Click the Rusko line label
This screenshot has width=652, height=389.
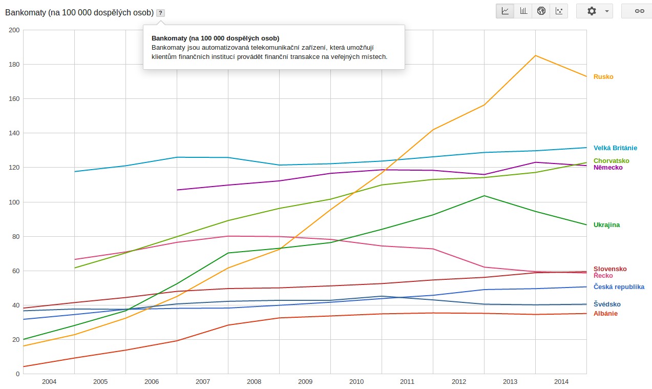tap(603, 77)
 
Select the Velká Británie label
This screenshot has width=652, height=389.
tap(615, 148)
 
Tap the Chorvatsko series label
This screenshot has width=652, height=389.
tap(611, 161)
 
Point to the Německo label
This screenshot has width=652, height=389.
tap(608, 168)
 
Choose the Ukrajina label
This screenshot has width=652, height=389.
tap(606, 225)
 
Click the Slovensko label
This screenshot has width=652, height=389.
tap(610, 269)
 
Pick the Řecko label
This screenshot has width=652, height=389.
tap(603, 276)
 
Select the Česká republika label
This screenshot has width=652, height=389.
tap(619, 287)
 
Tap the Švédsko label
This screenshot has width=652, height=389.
tap(607, 304)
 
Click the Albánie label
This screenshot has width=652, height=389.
tap(605, 314)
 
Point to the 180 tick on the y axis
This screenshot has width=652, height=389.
tap(14, 65)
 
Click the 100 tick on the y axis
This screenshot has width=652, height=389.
tap(14, 202)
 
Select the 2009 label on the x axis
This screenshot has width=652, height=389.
tap(305, 382)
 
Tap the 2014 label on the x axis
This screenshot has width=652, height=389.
tap(561, 382)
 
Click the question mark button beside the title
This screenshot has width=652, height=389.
tap(160, 13)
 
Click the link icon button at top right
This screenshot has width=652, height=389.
tap(639, 11)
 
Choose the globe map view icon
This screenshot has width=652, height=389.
tap(541, 11)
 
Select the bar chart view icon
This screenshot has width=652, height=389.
tap(523, 11)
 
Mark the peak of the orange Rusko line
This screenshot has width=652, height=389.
tap(535, 55)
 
